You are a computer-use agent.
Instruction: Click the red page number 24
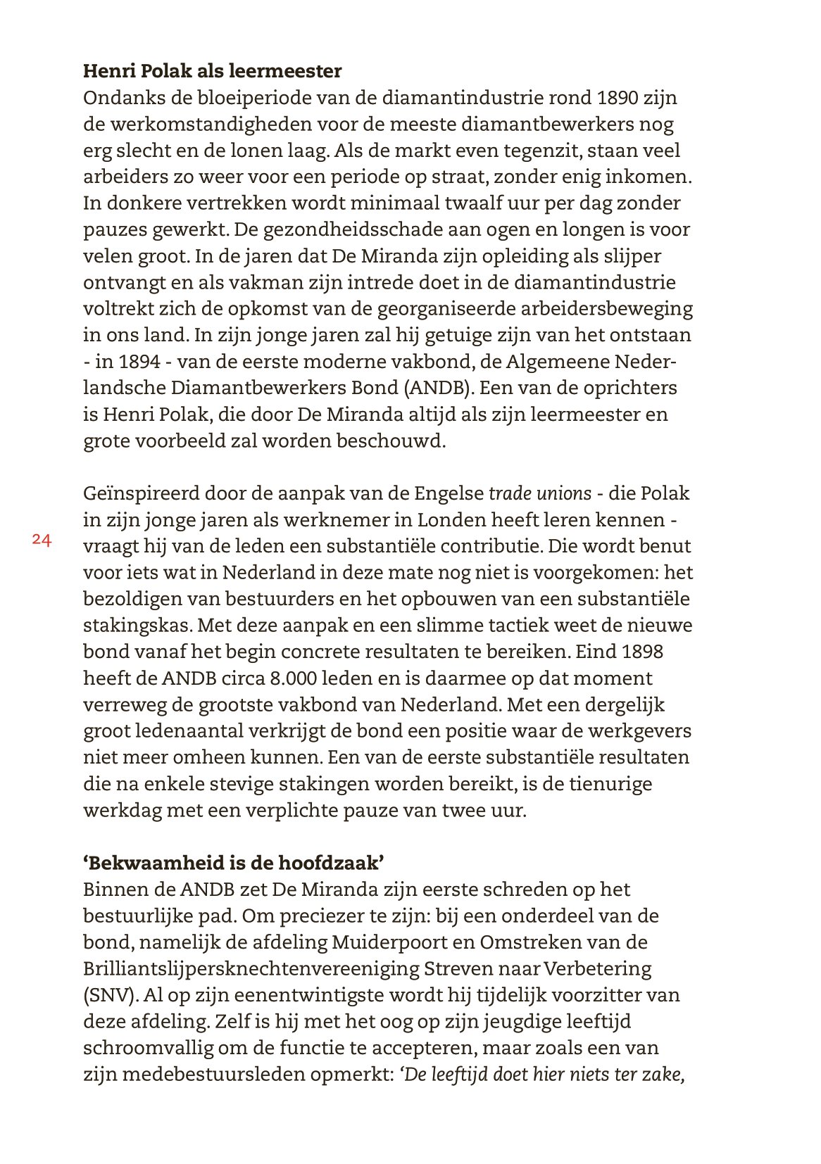tap(42, 540)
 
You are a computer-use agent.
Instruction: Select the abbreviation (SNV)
tap(109, 995)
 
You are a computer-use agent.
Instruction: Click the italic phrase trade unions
tap(540, 493)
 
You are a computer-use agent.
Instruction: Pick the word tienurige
tap(609, 784)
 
